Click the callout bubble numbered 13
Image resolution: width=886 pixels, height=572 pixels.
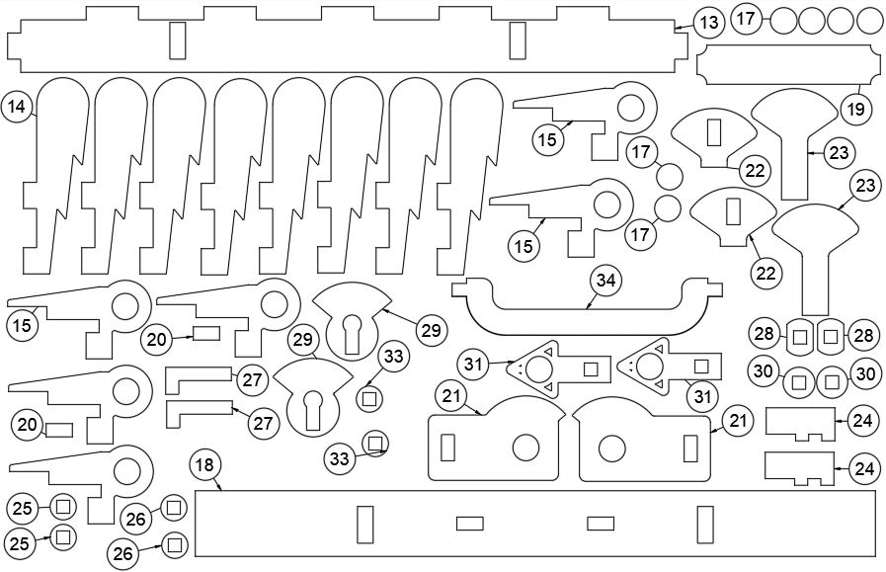pos(708,22)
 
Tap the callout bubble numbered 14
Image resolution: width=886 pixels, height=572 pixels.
pos(18,106)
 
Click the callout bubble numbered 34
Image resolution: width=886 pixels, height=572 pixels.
pos(606,281)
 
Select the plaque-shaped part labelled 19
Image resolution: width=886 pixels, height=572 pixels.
pos(787,65)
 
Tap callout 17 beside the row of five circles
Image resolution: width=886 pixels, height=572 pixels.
pos(746,19)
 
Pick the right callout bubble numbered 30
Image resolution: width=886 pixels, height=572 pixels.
pos(864,374)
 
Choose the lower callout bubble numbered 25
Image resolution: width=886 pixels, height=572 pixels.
pos(21,542)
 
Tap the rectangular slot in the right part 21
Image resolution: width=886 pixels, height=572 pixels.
pos(689,448)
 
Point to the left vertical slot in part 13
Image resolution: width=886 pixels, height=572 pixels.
pos(178,41)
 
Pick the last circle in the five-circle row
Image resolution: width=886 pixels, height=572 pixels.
pos(870,20)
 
